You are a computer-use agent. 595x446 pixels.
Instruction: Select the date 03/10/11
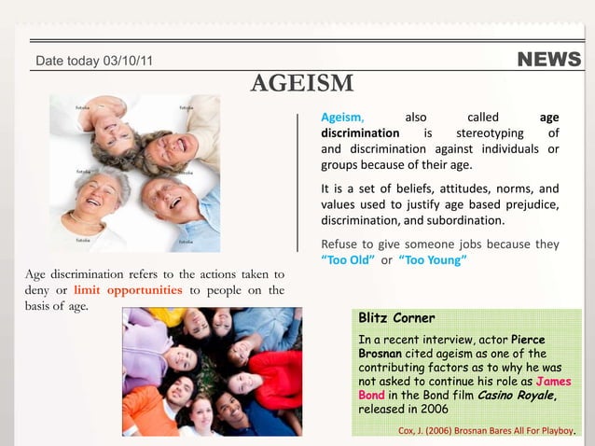127,62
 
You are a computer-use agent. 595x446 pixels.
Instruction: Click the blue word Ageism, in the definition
342,118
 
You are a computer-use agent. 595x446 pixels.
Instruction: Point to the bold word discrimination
360,133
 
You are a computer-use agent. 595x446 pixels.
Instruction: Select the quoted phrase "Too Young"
432,259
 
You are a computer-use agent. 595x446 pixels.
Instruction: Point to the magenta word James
552,382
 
